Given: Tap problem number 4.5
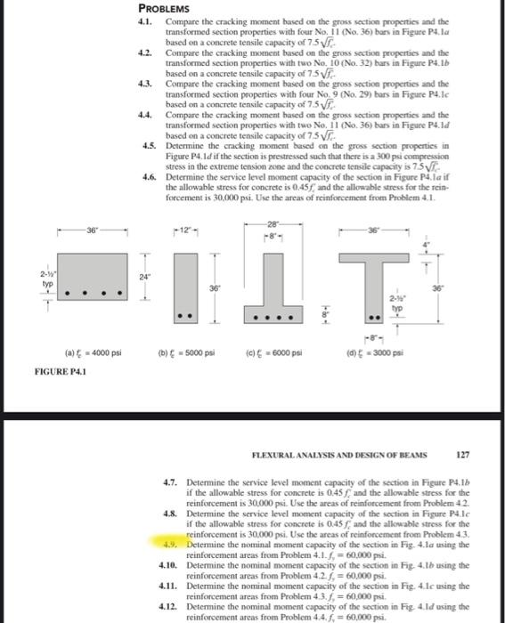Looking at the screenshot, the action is (149, 144).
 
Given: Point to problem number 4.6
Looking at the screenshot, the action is (149, 176).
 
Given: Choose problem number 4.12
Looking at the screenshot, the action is (169, 605).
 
